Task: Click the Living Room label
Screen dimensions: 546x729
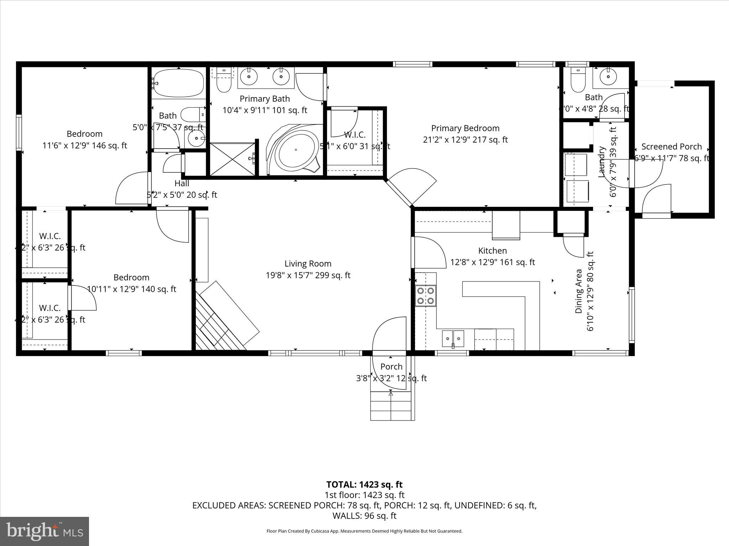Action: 308,264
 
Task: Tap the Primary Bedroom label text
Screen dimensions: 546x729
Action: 465,128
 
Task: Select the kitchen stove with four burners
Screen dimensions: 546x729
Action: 426,295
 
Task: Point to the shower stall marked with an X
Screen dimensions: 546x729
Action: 232,159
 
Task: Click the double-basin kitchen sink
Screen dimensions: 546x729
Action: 453,338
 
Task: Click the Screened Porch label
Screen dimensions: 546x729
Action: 671,147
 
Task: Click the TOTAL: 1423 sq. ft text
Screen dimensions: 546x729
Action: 364,485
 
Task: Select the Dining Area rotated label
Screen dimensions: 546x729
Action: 579,291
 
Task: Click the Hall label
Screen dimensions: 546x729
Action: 182,183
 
